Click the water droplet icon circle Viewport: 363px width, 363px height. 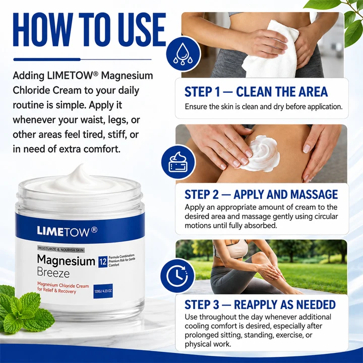tap(183, 54)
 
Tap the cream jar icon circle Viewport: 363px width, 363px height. tap(178, 162)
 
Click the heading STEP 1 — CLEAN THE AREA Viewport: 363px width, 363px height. tap(256, 92)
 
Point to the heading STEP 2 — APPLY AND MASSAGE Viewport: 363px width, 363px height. tap(261, 194)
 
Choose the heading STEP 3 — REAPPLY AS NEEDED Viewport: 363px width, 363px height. tap(260, 305)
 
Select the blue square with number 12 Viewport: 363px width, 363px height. tap(102, 262)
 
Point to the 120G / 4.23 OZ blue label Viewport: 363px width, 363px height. tap(103, 291)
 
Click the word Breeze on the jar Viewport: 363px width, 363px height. tap(53, 273)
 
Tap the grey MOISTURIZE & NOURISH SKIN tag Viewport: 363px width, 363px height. tap(61, 250)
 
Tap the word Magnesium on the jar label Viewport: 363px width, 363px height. tap(66, 261)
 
